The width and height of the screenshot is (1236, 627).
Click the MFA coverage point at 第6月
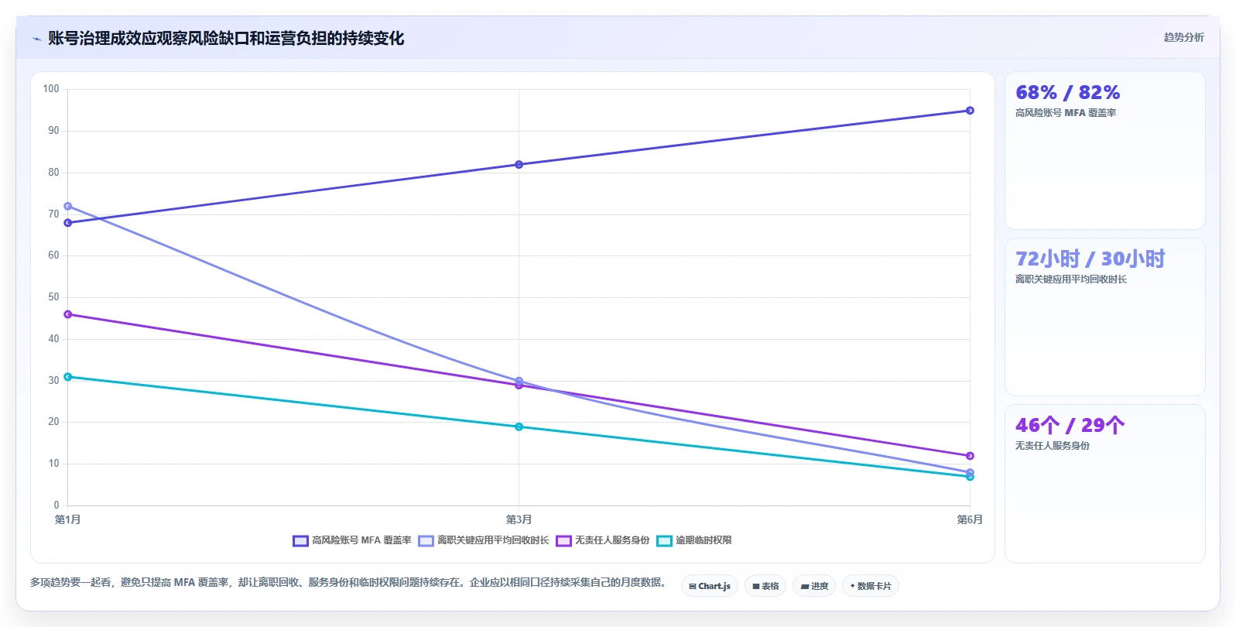pos(970,111)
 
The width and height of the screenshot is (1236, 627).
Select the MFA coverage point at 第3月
pos(519,164)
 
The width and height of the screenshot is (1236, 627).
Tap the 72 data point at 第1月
pos(68,207)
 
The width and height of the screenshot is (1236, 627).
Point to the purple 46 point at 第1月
pos(68,314)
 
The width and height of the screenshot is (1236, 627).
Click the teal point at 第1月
pos(68,377)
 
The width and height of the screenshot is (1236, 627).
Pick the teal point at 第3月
pos(519,427)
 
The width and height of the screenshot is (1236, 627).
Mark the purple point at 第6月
pos(970,456)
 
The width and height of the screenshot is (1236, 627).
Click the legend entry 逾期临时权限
pos(694,540)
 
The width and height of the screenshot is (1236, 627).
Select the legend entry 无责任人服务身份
pos(603,540)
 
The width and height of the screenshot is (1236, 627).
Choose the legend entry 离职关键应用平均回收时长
pos(484,540)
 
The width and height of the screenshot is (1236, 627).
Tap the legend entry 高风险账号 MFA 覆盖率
pos(352,540)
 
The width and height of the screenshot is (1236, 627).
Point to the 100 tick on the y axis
pos(51,89)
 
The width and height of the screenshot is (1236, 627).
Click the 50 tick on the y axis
pos(53,297)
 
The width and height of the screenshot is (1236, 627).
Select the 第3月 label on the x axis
pos(519,519)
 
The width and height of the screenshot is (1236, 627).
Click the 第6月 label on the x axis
pos(970,519)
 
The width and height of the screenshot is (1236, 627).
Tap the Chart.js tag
pos(710,586)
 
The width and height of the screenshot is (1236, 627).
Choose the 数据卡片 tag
pos(870,586)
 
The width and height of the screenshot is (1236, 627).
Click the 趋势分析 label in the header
pos(1183,37)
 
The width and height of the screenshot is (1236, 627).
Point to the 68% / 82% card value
pos(1068,92)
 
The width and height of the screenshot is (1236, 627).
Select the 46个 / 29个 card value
pos(1070,425)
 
